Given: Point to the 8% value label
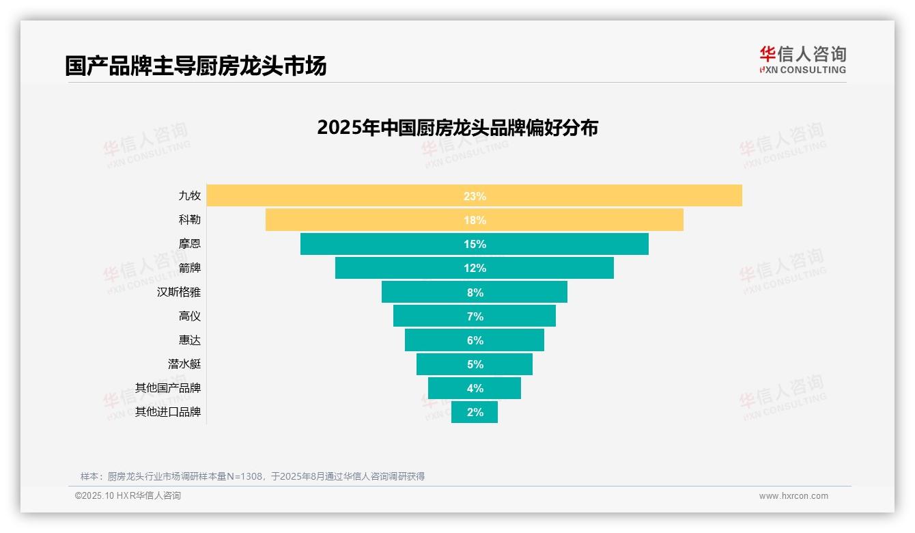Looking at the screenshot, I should [x=475, y=292].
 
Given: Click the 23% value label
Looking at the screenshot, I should [x=475, y=196].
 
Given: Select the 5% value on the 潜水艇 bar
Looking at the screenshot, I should [x=475, y=364].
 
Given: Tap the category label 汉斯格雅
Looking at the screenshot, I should [x=179, y=292].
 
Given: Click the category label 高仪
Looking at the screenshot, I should [x=190, y=316].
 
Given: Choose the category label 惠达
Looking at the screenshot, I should [x=190, y=340].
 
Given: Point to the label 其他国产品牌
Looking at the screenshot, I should [x=168, y=387].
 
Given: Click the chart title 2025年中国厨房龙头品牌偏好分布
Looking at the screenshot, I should [x=457, y=128].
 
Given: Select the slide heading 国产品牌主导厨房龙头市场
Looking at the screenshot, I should [x=196, y=66].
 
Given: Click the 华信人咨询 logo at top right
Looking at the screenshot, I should [x=802, y=60].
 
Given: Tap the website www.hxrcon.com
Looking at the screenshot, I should [x=793, y=496].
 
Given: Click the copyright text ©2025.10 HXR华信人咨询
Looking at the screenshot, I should [x=128, y=496].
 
